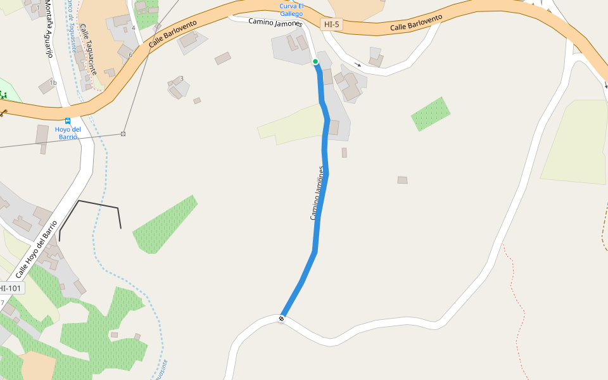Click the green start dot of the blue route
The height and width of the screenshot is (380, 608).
[x=315, y=61]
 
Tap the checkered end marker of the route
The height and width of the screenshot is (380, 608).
[x=282, y=318]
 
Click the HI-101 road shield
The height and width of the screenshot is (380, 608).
[x=11, y=289]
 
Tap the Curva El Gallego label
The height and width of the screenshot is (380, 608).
[x=291, y=10]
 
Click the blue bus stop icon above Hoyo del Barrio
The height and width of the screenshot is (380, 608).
[x=68, y=120]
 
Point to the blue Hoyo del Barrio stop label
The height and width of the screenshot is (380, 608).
[x=68, y=133]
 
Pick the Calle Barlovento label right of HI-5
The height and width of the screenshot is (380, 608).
[x=416, y=24]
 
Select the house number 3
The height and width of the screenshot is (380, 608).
[x=181, y=79]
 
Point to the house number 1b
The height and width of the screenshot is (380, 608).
[x=53, y=83]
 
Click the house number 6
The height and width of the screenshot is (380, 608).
[x=130, y=55]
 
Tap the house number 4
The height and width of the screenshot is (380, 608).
[x=133, y=28]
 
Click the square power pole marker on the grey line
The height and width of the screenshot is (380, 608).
[x=123, y=134]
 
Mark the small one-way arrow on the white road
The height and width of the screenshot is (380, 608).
[x=358, y=64]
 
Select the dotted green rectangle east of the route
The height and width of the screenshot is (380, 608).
[x=431, y=114]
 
